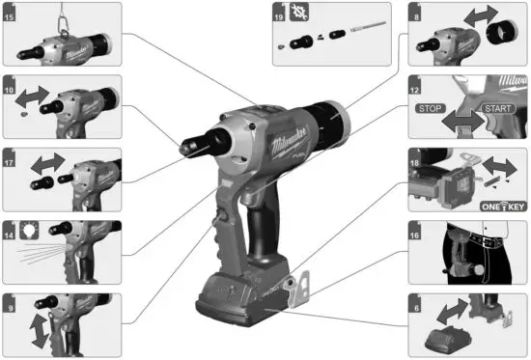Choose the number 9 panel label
[x=9, y=300]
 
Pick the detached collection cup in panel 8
[x=500, y=38]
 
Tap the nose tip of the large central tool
[x=183, y=146]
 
